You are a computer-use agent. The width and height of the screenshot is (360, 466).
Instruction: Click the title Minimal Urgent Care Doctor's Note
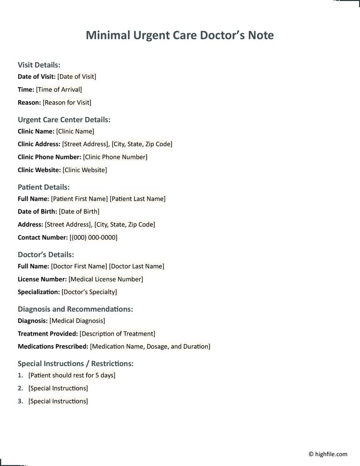click(180, 35)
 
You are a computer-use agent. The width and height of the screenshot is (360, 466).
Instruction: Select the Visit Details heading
click(39, 65)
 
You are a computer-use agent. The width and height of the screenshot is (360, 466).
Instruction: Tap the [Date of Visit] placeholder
click(77, 76)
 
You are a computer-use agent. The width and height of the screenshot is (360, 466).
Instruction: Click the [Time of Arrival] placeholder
click(59, 90)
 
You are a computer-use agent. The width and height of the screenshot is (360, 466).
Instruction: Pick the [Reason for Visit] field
click(67, 102)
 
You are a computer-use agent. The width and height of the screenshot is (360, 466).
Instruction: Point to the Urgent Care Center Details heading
click(64, 120)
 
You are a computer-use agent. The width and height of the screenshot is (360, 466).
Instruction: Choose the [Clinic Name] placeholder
click(75, 131)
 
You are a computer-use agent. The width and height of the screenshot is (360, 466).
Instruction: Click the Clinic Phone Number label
click(49, 157)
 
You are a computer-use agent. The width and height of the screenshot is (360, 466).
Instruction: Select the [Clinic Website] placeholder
click(85, 170)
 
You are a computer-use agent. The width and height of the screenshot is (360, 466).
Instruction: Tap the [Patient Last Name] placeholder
click(137, 199)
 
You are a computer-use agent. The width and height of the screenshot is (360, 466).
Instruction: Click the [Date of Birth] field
click(79, 211)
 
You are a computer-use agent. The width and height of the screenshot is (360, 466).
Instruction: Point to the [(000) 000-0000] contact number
click(93, 238)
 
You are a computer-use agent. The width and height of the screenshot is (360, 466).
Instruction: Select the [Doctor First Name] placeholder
click(79, 266)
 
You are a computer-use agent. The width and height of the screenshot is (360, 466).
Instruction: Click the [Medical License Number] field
click(106, 279)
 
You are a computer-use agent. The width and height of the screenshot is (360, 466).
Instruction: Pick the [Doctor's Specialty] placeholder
click(90, 292)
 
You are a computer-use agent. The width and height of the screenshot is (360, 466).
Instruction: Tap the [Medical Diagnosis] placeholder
click(77, 321)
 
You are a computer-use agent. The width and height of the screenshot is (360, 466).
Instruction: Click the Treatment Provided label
click(48, 334)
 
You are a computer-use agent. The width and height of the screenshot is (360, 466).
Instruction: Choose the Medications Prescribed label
click(53, 346)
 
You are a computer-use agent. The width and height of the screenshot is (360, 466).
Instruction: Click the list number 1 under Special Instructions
click(20, 376)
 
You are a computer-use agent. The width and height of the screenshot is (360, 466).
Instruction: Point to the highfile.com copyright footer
click(328, 454)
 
